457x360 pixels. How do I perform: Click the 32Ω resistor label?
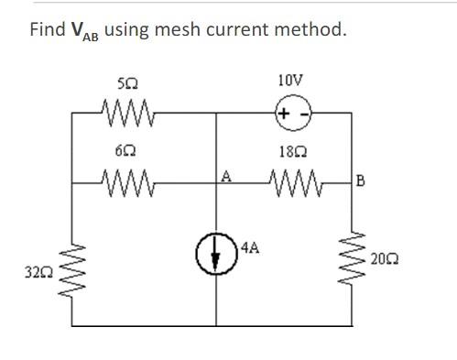[x=42, y=272]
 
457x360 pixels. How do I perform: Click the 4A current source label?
[x=254, y=247]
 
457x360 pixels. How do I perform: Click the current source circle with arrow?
[x=216, y=256]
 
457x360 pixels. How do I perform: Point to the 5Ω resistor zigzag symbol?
[x=126, y=114]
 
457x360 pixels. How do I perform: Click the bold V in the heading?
[x=80, y=30]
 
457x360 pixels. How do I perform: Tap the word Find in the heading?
[x=47, y=29]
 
